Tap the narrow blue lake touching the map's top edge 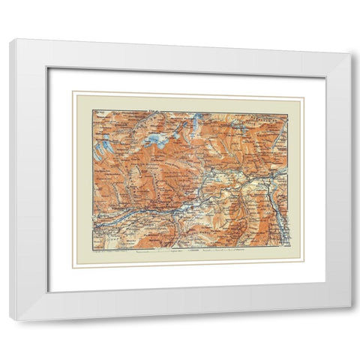[196, 118]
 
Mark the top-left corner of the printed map [92, 110]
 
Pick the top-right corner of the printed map [287, 113]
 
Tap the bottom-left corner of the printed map [92, 250]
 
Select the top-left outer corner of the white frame [10, 39]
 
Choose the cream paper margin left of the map [83, 180]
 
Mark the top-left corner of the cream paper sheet [73, 92]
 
